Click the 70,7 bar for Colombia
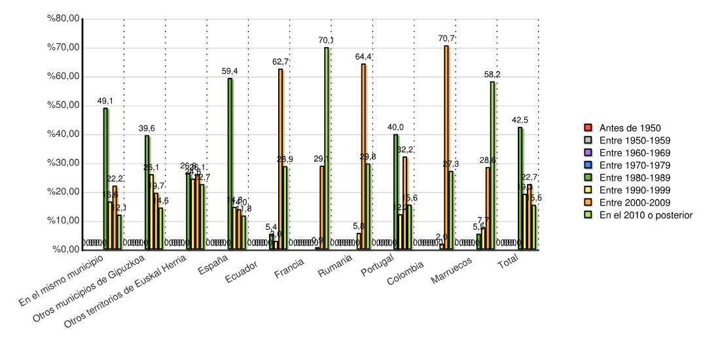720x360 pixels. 446,147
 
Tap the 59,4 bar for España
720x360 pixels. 230,164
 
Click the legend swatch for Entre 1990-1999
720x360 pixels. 588,190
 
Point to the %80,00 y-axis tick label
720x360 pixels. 63,19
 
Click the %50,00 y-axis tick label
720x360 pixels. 63,105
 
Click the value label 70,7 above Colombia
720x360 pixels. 446,39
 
